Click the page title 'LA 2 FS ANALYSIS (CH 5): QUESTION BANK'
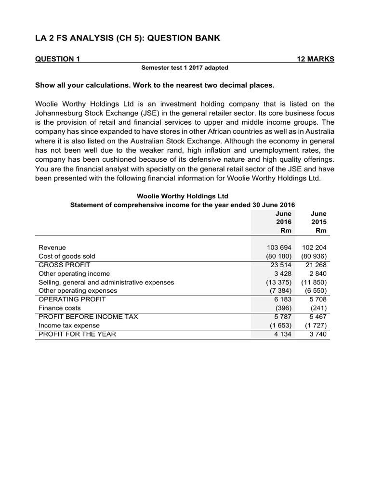pos(128,38)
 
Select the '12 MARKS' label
pos(315,59)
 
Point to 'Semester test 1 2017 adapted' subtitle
pos(185,68)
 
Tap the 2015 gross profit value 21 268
pos(317,265)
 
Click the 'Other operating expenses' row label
pos(78,291)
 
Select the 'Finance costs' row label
pos(60,308)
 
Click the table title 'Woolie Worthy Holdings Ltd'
pos(183,196)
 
